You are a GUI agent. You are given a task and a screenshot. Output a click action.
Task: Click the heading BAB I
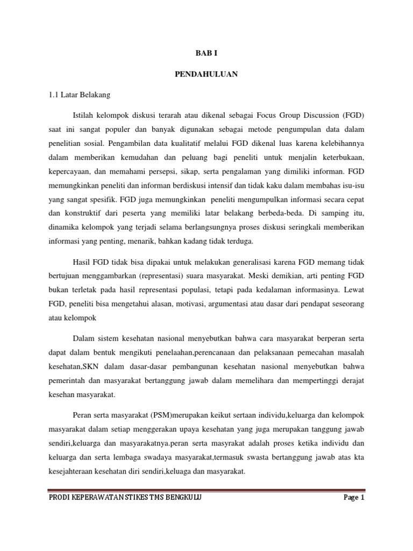point(206,54)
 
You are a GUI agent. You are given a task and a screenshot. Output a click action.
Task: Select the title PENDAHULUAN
point(206,74)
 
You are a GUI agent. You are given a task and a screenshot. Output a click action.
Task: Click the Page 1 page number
point(354,498)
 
